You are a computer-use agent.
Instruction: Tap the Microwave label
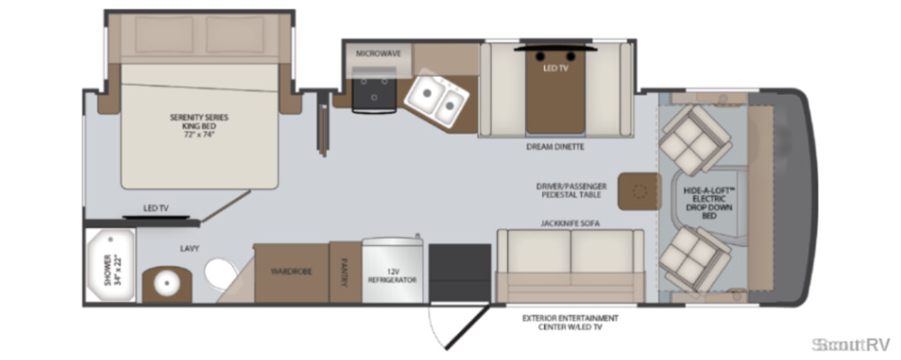(x=378, y=54)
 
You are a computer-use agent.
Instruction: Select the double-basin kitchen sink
(x=436, y=98)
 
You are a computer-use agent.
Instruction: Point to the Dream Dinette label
(x=555, y=147)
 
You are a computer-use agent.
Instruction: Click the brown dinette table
(x=556, y=94)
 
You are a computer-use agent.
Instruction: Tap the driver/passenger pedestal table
(x=638, y=192)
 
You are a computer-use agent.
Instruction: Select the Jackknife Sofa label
(x=570, y=224)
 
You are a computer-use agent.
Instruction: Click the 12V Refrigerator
(x=392, y=269)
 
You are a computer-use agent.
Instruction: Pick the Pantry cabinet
(x=345, y=272)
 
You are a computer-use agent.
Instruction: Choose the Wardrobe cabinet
(x=291, y=272)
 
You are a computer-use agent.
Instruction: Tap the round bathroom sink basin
(x=167, y=284)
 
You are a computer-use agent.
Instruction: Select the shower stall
(x=110, y=265)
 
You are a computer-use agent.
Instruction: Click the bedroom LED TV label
(x=156, y=208)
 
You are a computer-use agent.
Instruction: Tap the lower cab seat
(x=695, y=258)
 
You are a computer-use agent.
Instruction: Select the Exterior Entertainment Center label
(x=570, y=322)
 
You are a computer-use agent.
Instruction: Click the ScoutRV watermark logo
(x=851, y=344)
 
